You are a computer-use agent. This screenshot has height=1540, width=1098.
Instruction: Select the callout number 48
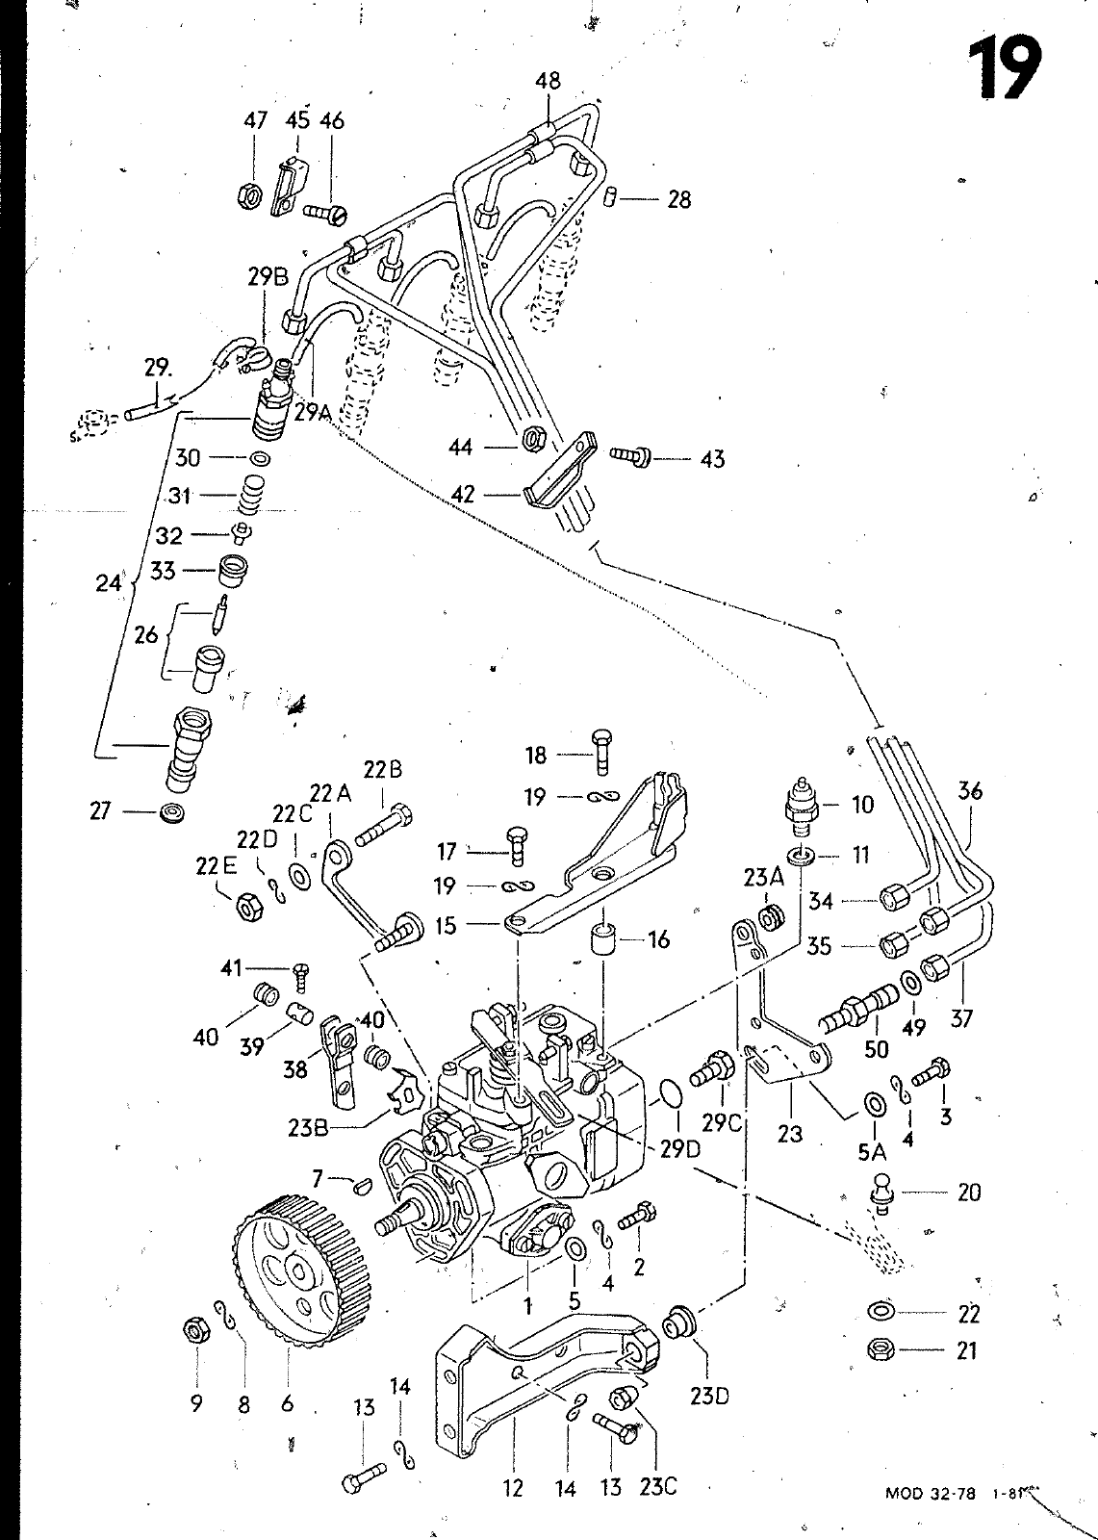(x=548, y=82)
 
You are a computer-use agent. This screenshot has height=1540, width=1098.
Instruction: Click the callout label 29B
(x=267, y=277)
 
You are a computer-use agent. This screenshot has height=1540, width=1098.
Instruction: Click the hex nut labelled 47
(x=247, y=196)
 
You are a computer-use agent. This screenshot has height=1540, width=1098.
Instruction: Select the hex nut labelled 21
(x=881, y=1350)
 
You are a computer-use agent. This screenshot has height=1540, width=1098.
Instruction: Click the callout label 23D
(x=709, y=1395)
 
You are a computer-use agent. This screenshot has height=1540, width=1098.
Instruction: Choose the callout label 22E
(x=217, y=864)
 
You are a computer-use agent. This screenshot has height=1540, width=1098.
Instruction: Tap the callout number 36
(x=970, y=791)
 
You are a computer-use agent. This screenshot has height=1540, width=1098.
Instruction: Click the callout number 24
(x=109, y=583)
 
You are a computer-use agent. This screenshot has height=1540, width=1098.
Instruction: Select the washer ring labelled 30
(x=258, y=459)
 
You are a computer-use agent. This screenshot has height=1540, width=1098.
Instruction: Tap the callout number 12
(x=513, y=1488)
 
